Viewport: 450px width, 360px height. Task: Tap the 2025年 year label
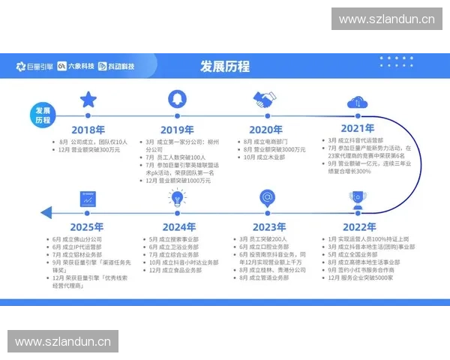[87, 227]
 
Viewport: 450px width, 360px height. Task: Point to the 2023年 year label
[268, 227]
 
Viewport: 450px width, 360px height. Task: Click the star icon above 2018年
[88, 98]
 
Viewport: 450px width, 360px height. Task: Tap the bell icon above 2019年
[177, 98]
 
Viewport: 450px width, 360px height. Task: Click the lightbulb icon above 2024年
[177, 198]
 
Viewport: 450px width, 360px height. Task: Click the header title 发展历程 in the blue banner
[224, 66]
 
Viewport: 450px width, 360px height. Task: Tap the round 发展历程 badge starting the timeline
[43, 114]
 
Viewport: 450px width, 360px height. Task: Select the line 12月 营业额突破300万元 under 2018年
[89, 150]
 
